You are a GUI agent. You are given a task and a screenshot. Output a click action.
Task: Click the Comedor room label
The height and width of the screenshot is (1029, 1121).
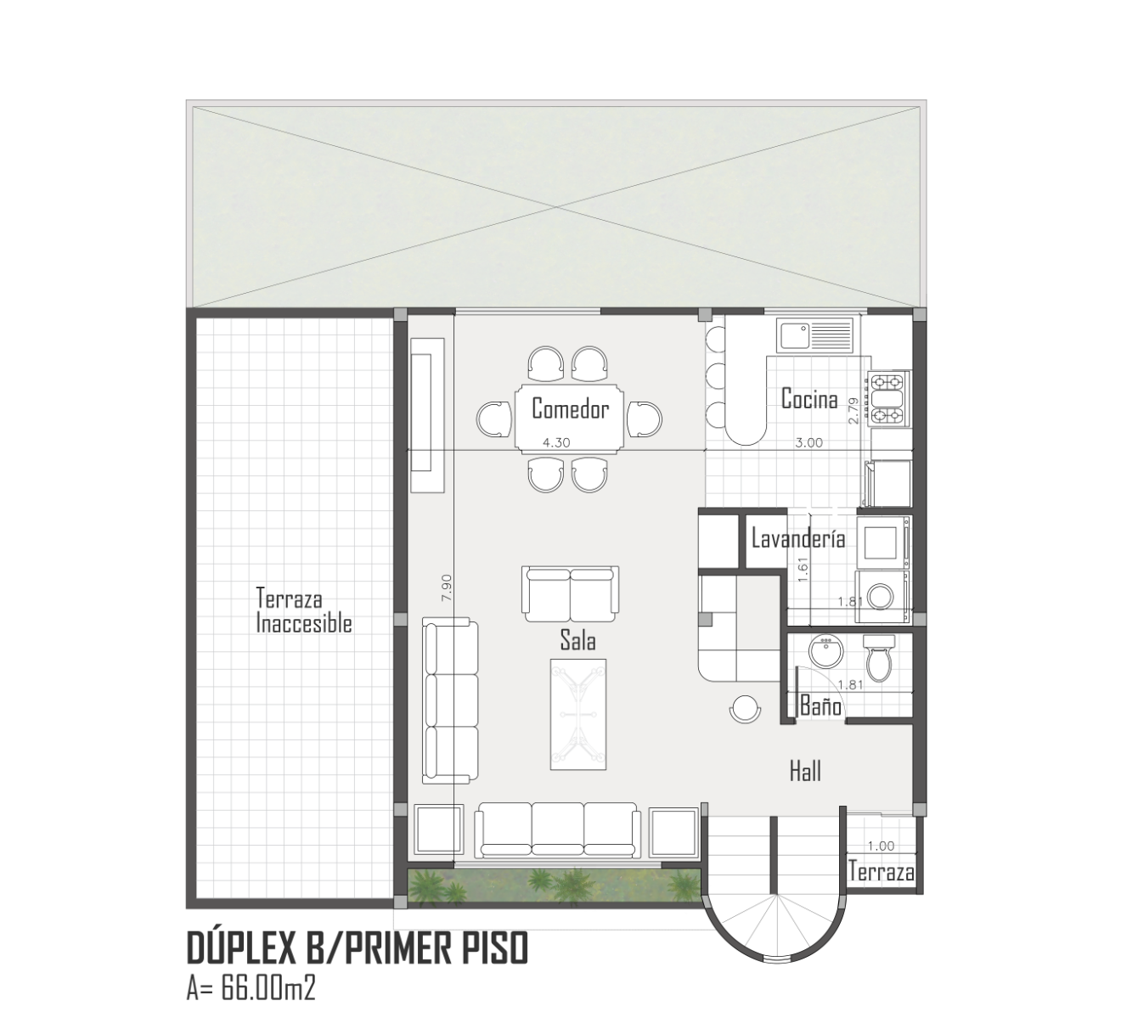[570, 408]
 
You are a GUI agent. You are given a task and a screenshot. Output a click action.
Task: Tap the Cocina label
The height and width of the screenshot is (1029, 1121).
[809, 398]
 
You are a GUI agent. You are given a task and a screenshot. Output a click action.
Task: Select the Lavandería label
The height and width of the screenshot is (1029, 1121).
[798, 539]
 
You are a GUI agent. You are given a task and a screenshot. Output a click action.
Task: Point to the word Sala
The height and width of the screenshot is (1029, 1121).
[577, 640]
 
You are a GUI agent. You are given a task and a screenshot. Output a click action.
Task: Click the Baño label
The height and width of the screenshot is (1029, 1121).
[821, 706]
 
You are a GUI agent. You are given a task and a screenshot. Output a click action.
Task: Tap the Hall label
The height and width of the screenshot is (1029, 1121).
[805, 772]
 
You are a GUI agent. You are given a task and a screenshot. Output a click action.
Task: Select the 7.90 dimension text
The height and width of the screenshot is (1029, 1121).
[447, 588]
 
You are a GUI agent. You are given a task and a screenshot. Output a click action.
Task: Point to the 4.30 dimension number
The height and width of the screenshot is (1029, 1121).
[556, 442]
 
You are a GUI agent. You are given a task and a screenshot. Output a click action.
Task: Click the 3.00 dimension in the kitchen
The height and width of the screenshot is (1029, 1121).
[808, 442]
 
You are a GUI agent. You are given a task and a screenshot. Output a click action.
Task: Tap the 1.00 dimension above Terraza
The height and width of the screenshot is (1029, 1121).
[882, 846]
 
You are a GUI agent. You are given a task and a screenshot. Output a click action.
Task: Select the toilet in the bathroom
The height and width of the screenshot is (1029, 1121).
[878, 658]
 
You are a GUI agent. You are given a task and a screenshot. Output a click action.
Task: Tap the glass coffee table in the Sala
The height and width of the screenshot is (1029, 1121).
[578, 714]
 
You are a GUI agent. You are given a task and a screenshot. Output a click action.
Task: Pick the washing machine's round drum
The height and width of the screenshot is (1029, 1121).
[882, 596]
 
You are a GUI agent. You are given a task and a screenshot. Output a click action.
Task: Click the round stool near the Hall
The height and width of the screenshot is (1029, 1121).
[745, 709]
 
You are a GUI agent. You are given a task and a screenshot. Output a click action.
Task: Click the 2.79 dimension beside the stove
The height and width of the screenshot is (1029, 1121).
[853, 411]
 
